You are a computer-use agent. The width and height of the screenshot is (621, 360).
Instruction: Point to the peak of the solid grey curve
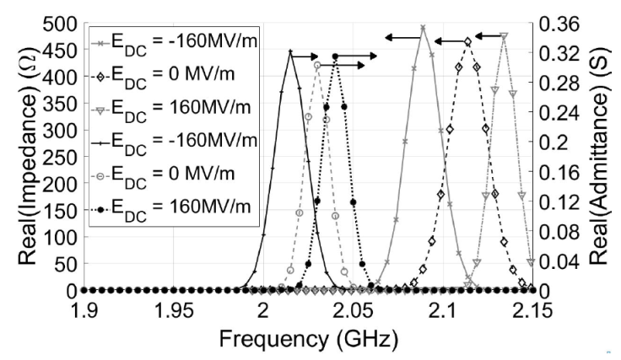423,29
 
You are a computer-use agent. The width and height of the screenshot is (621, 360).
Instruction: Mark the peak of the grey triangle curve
504,36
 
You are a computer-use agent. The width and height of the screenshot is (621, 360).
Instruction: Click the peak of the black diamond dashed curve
468,41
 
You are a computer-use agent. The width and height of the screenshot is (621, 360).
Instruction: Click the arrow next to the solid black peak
306,53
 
